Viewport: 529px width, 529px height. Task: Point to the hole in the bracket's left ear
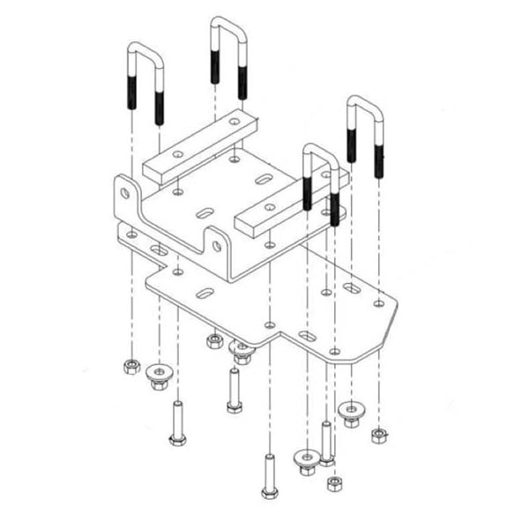(124, 191)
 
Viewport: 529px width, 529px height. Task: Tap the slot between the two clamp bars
(205, 212)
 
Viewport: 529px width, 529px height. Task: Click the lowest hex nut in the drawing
(335, 484)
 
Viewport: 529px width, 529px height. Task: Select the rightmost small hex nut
(379, 435)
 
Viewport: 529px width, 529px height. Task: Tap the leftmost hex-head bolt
(175, 423)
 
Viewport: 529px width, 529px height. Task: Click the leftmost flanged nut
(159, 374)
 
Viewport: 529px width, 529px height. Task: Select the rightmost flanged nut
(351, 413)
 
